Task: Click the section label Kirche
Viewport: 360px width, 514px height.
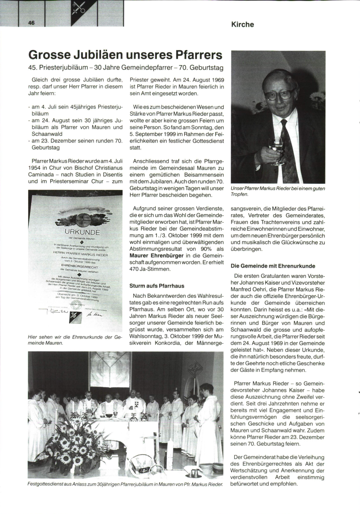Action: pos(242,25)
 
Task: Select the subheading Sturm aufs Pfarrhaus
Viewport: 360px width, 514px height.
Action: pos(157,286)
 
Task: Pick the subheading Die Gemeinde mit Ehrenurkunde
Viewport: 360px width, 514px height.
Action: pos(273,266)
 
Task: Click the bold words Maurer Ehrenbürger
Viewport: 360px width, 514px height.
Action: pos(156,256)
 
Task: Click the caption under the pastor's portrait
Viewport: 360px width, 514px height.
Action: pos(278,191)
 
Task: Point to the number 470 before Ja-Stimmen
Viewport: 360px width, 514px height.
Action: pos(135,269)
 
